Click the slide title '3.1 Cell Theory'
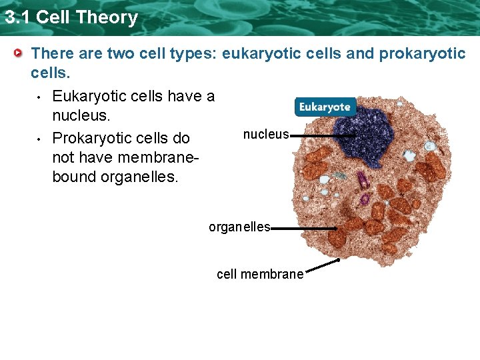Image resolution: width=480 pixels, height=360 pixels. click(71, 17)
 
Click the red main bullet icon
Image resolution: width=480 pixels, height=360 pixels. click(20, 53)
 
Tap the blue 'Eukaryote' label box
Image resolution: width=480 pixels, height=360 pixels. click(325, 107)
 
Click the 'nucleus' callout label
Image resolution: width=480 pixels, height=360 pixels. click(266, 135)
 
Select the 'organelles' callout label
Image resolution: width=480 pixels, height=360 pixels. click(239, 227)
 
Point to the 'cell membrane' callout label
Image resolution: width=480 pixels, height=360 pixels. click(260, 274)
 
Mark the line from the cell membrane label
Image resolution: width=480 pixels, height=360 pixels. click(322, 267)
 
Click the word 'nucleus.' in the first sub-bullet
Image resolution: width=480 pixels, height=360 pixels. click(81, 117)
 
